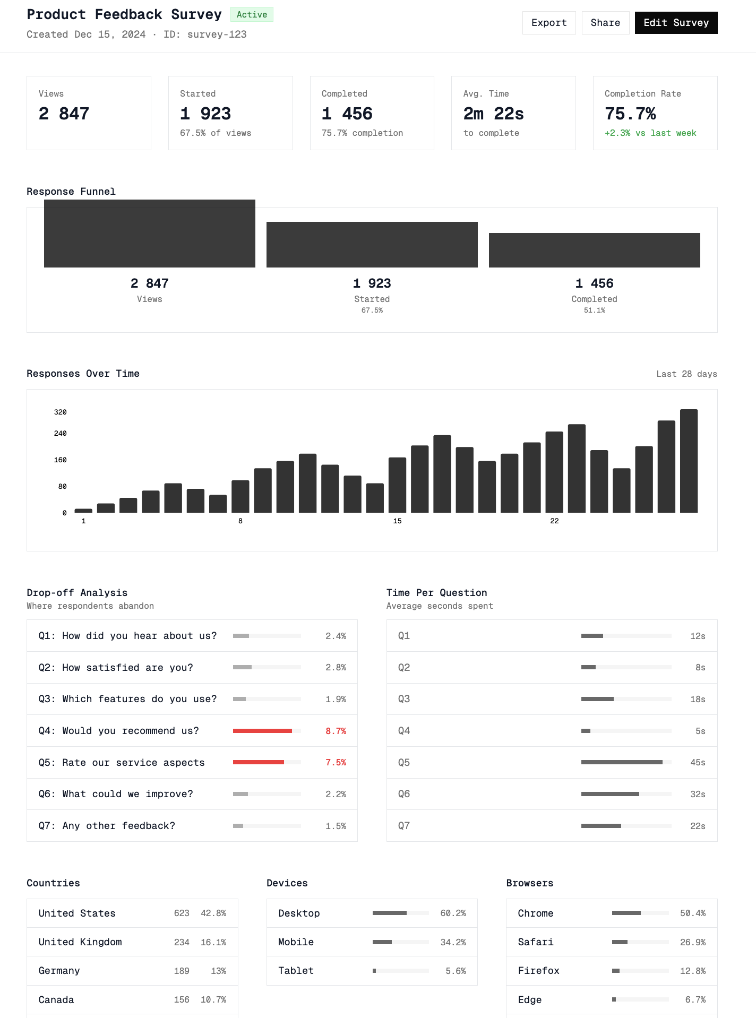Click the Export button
pyautogui.click(x=549, y=23)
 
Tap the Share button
pyautogui.click(x=605, y=23)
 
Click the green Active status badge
pyautogui.click(x=252, y=14)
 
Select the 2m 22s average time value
pyautogui.click(x=493, y=114)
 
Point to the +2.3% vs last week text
pyautogui.click(x=650, y=133)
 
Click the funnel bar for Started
pyautogui.click(x=372, y=245)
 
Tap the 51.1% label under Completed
pyautogui.click(x=594, y=310)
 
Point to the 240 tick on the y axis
pyautogui.click(x=60, y=434)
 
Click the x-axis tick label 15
pyautogui.click(x=397, y=521)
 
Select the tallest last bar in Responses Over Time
pyautogui.click(x=689, y=461)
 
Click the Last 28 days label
pyautogui.click(x=686, y=374)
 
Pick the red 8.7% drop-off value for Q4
pyautogui.click(x=336, y=731)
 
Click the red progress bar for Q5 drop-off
pyautogui.click(x=259, y=762)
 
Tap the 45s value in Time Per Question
pyautogui.click(x=698, y=763)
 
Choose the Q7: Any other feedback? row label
pyautogui.click(x=107, y=826)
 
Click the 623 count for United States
pyautogui.click(x=182, y=913)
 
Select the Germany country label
pyautogui.click(x=59, y=971)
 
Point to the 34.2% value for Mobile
pyautogui.click(x=453, y=942)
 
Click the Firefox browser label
pyautogui.click(x=538, y=971)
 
